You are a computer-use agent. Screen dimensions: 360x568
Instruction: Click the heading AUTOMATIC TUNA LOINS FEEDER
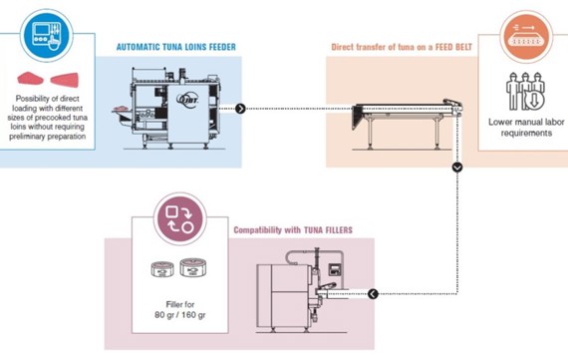click(x=176, y=46)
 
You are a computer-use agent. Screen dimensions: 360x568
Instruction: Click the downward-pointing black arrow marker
click(x=457, y=168)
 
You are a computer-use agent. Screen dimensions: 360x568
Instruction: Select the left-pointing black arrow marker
click(x=373, y=294)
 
